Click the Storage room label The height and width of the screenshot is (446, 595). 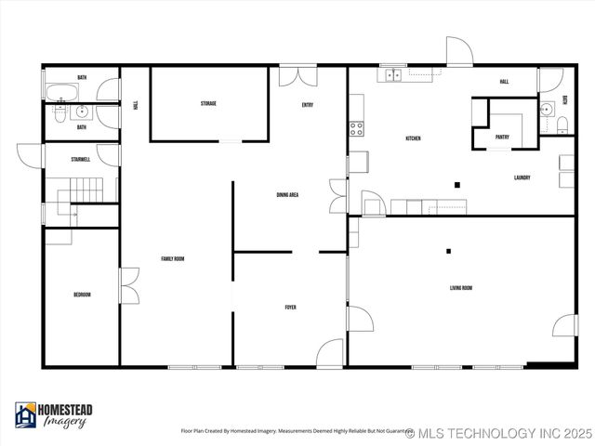tap(208, 103)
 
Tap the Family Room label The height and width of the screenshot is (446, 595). tap(172, 259)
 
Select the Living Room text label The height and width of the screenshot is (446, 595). tap(461, 288)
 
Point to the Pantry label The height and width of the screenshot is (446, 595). tap(502, 137)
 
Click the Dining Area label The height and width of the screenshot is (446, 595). tap(287, 195)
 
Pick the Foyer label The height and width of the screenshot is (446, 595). tap(290, 307)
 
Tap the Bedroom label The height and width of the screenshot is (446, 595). tap(82, 295)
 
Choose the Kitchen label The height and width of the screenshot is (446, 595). tap(413, 138)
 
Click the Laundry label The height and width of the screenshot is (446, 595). tap(522, 177)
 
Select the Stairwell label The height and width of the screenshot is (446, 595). tap(80, 160)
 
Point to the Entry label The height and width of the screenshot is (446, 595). tap(307, 105)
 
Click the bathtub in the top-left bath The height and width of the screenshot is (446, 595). tap(63, 92)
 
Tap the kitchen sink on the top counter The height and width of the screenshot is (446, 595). tap(392, 75)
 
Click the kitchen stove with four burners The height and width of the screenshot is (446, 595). tap(356, 129)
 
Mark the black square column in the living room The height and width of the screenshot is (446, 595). tap(449, 250)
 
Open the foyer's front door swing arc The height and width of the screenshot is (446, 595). tap(330, 353)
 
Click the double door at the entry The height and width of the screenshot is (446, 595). tap(299, 74)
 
